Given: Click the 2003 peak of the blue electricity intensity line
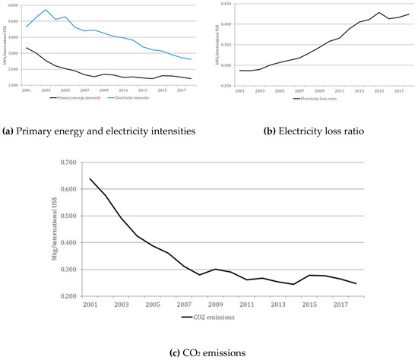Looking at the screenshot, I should [x=46, y=10].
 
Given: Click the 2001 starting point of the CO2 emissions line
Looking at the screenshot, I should [x=91, y=178].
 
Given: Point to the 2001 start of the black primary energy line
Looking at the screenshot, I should [x=27, y=48].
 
